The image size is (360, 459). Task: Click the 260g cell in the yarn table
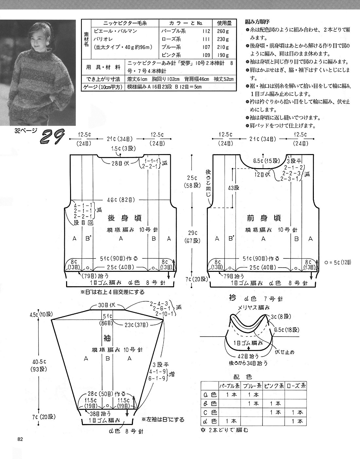coord(223,31)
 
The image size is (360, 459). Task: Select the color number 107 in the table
coord(206,47)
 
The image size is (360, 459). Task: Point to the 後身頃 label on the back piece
coord(125,218)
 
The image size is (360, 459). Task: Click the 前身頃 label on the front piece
coord(264,218)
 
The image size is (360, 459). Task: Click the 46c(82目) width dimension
coord(121,200)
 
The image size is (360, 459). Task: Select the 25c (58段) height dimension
coord(192,182)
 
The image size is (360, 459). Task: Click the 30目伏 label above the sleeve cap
coord(107,306)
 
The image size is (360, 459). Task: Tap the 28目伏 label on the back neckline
coord(120,163)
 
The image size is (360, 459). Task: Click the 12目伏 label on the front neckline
coord(262,174)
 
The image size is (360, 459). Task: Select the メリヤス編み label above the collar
coord(254,308)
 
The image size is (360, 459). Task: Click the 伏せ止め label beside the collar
coord(284,352)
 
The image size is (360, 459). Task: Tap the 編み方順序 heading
coord(257,22)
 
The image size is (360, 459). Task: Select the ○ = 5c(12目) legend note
coord(338,263)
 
